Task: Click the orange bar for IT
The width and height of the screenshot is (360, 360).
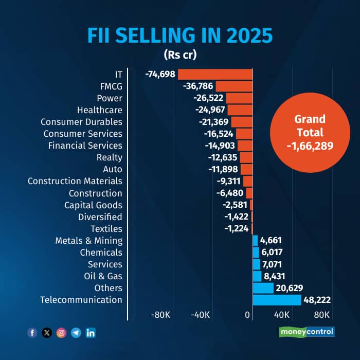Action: pos(215,75)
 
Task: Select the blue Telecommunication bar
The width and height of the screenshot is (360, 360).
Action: pos(277,300)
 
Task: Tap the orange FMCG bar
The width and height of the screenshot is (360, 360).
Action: pos(234,86)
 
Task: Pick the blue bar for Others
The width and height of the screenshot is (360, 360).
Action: pos(263,288)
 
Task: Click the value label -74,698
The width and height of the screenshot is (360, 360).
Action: pos(160,74)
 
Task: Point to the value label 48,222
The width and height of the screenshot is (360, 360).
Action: pos(317,300)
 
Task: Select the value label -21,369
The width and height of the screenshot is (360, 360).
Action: pos(214,122)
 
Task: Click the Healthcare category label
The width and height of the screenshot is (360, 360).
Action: pos(100,110)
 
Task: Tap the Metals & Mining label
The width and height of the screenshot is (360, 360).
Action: pos(89,241)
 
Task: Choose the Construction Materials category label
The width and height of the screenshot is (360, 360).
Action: pos(75,181)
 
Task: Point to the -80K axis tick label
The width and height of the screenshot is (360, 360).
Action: pos(160,315)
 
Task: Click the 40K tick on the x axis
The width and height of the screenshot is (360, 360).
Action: pos(282,315)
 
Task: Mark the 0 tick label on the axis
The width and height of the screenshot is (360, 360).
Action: pos(247,315)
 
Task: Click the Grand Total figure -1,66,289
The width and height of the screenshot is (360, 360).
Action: pos(310,146)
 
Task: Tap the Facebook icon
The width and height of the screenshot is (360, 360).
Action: pos(32,333)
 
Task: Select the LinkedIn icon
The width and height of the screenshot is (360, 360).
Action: pos(91,333)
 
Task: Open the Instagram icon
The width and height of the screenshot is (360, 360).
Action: pos(61,333)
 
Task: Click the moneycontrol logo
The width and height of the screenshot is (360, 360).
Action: pos(307,332)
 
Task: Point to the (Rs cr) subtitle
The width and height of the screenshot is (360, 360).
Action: pos(180,55)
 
